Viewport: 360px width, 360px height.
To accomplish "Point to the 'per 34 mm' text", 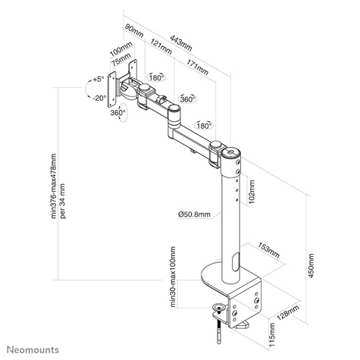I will click(64, 201).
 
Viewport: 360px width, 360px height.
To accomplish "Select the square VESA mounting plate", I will click(121, 90).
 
